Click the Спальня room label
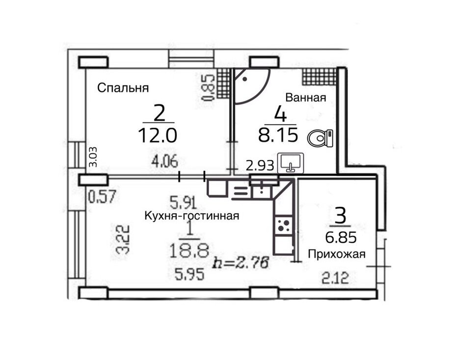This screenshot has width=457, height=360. click(123, 88)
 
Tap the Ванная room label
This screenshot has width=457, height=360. click(305, 97)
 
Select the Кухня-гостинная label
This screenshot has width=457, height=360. click(192, 216)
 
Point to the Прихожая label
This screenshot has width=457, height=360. click(337, 254)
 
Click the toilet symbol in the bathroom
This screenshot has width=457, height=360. click(320, 138)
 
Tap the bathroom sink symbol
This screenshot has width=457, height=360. click(290, 163)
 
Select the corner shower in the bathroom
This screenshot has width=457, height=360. click(251, 85)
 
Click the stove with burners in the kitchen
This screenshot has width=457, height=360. click(284, 225)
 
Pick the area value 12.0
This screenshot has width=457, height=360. click(158, 136)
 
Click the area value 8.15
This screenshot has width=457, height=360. click(278, 135)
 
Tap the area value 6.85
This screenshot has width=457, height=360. click(341, 238)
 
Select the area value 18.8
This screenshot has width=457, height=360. click(189, 251)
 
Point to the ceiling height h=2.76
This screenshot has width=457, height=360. click(241, 263)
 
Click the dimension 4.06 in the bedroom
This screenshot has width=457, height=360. click(164, 161)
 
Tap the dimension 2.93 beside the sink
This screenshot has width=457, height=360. click(260, 166)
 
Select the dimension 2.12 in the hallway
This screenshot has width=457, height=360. click(335, 278)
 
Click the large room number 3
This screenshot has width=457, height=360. click(341, 215)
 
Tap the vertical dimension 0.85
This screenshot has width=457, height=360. click(209, 88)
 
